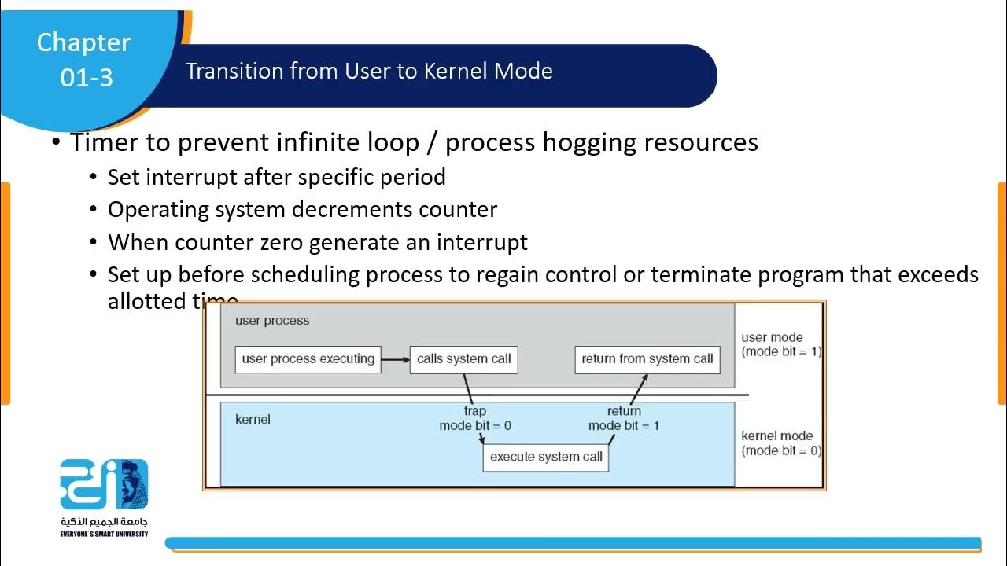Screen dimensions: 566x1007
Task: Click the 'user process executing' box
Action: (x=308, y=359)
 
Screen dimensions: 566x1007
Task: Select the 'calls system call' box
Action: (x=463, y=359)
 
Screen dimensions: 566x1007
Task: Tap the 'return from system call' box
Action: (x=647, y=359)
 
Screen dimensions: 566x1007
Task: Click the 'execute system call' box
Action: (x=546, y=457)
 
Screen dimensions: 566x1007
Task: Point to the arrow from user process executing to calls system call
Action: (x=395, y=360)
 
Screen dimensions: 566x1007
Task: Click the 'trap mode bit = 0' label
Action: (x=475, y=418)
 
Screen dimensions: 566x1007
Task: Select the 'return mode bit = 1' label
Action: (x=624, y=418)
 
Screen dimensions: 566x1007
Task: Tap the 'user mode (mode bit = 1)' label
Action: (x=780, y=344)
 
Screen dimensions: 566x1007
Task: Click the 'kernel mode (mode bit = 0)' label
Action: (x=780, y=443)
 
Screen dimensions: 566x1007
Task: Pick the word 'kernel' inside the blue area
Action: (x=253, y=420)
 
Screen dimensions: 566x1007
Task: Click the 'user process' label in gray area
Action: (x=272, y=321)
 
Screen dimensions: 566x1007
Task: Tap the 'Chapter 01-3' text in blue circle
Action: (x=83, y=59)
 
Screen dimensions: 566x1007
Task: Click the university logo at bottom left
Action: (x=104, y=484)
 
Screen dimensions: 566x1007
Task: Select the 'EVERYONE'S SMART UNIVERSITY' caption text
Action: (x=104, y=534)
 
